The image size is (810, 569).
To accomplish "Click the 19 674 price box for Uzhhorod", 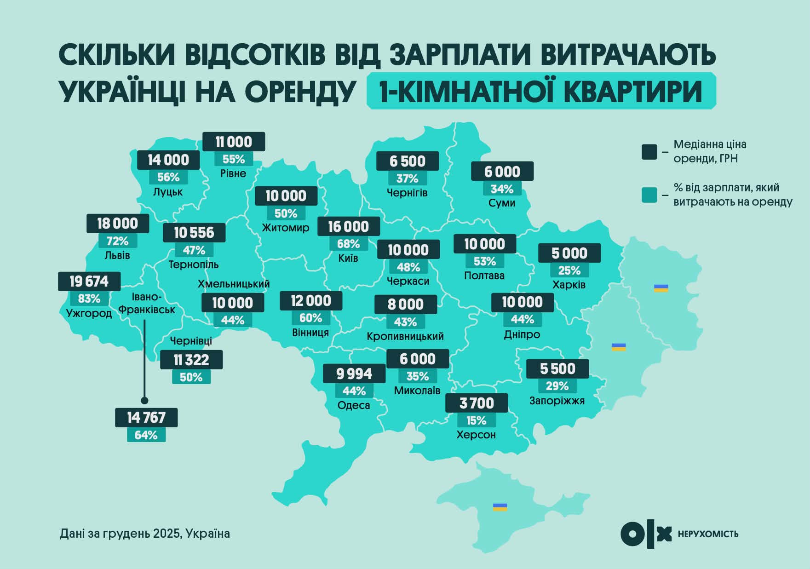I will coord(89,281).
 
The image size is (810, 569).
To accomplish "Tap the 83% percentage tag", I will coord(89,299).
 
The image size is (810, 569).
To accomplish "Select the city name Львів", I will coord(117,255).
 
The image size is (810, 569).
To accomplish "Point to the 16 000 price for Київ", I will coord(349,226).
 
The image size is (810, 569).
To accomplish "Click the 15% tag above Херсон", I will coord(476,420).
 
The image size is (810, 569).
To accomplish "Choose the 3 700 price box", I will coord(477,403).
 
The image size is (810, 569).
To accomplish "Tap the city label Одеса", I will coord(354,405).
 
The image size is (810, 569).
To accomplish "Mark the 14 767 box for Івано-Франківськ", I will coord(146,417).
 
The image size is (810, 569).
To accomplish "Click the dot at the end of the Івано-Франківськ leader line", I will coord(144,400).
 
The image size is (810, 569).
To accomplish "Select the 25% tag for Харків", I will coord(569,270).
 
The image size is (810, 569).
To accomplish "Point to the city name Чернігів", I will coord(407,193).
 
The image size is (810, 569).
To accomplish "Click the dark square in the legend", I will coord(649,152).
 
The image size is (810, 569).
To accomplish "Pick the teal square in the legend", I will coord(649,195).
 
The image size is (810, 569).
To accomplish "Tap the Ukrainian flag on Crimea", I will coord(500,507).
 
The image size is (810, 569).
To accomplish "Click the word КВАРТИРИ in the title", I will coord(633,92).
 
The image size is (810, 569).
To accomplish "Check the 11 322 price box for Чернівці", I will coord(191,359).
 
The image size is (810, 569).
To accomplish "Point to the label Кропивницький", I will coord(405,336).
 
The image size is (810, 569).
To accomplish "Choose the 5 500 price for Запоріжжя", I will coord(557,368).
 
